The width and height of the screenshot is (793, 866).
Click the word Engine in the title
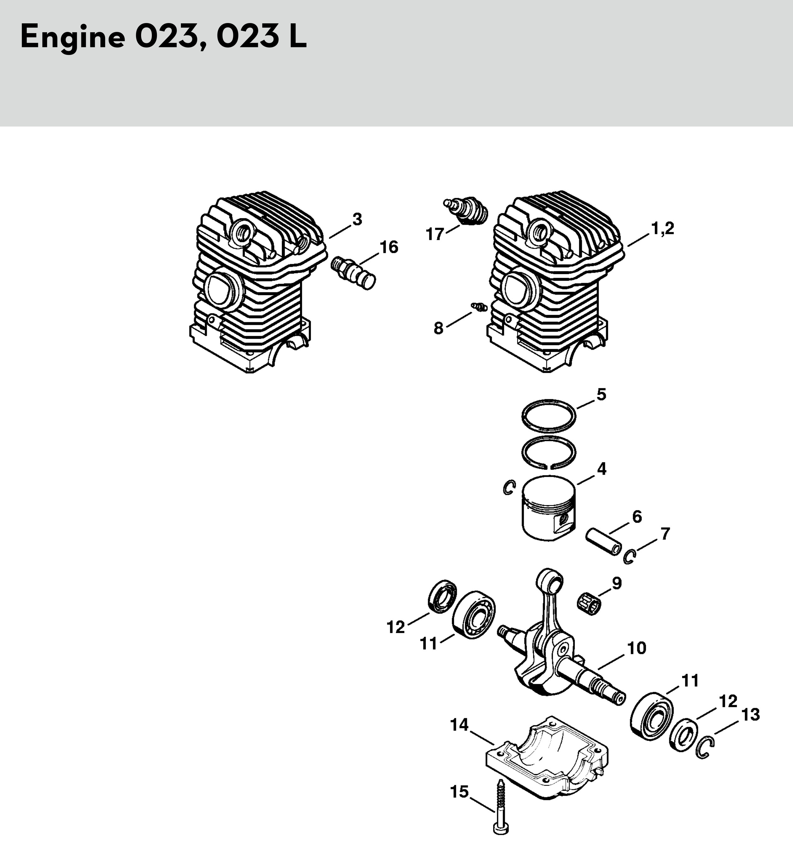(x=73, y=37)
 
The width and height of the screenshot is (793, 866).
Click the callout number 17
(x=435, y=234)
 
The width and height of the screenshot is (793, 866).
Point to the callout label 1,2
(x=663, y=228)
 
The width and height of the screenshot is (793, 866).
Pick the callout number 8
(x=438, y=329)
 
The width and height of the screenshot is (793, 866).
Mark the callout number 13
(x=750, y=715)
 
